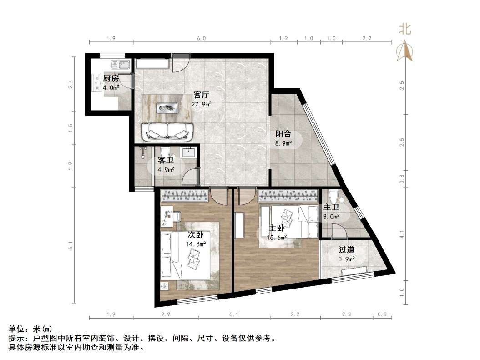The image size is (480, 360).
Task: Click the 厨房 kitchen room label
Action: (111, 78)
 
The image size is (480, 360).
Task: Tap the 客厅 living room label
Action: (201, 95)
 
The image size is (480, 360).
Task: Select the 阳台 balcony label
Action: (283, 134)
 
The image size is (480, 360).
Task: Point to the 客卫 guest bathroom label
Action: (165, 161)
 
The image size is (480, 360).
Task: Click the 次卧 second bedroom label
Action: (196, 235)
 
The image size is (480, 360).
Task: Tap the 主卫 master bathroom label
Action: (331, 208)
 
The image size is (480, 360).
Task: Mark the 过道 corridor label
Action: (346, 250)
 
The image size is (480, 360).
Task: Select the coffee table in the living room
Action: (167, 108)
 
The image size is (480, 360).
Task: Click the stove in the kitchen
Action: (97, 83)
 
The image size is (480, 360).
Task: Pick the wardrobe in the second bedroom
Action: (185, 196)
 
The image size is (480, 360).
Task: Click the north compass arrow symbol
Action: (404, 51)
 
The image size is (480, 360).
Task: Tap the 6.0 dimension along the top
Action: (202, 39)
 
